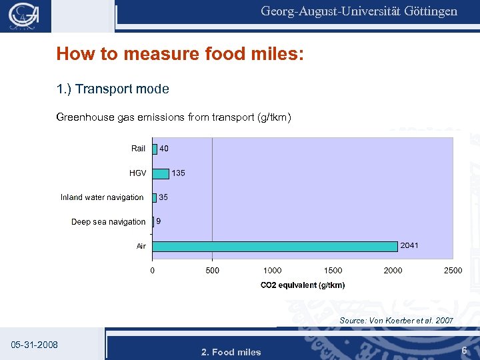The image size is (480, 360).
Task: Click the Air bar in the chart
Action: pyautogui.click(x=275, y=246)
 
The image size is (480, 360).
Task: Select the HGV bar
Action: pyautogui.click(x=161, y=173)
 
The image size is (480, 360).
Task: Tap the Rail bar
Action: pyautogui.click(x=155, y=149)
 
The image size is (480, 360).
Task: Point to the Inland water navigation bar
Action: pyautogui.click(x=155, y=197)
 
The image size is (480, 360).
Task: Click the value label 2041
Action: pyautogui.click(x=409, y=246)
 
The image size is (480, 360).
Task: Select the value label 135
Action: pyautogui.click(x=179, y=173)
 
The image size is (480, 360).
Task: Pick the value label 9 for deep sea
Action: pyautogui.click(x=159, y=221)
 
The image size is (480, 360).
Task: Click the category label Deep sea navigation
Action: pyautogui.click(x=108, y=222)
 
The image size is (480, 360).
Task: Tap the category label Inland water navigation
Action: pyautogui.click(x=102, y=197)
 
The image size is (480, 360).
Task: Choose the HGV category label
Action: pyautogui.click(x=137, y=173)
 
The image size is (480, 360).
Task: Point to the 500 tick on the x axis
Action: pyautogui.click(x=212, y=271)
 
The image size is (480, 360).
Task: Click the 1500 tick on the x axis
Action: pyautogui.click(x=333, y=271)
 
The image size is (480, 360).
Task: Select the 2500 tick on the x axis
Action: pyautogui.click(x=453, y=271)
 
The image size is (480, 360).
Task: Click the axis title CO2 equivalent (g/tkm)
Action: pyautogui.click(x=303, y=285)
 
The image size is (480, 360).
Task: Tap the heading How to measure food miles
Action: pyautogui.click(x=180, y=54)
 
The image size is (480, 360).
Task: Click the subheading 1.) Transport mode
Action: pyautogui.click(x=113, y=89)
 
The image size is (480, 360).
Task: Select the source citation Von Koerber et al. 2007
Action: pyautogui.click(x=396, y=321)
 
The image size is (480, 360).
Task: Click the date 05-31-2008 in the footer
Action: pyautogui.click(x=35, y=345)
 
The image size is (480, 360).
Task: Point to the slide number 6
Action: pyautogui.click(x=463, y=350)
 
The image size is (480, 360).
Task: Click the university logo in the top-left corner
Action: pyautogui.click(x=24, y=16)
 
